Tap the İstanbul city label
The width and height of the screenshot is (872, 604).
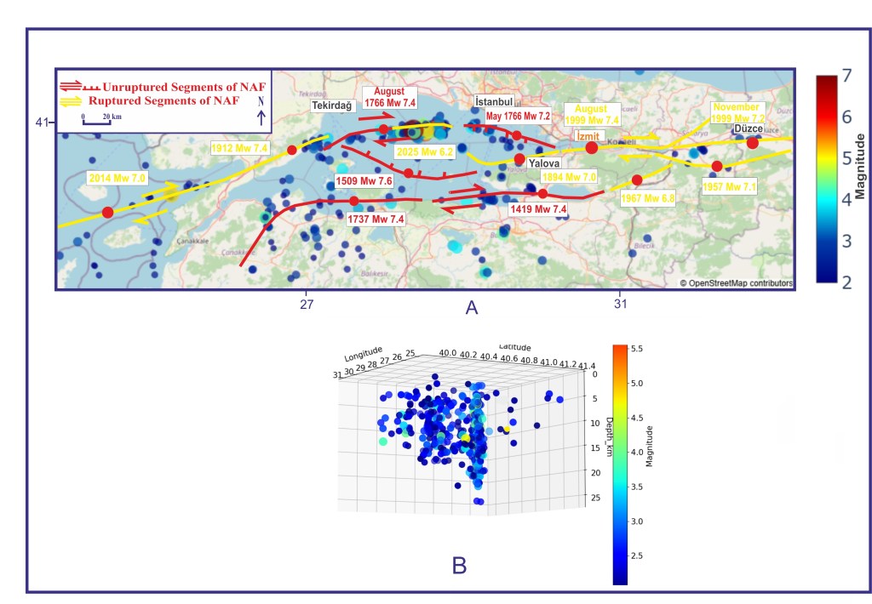pos(494,102)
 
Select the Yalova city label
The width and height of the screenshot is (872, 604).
pos(543,163)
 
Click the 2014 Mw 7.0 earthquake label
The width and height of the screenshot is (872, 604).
pos(117,179)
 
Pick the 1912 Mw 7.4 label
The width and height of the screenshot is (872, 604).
pos(239,148)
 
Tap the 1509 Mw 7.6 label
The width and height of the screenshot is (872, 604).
pos(364,181)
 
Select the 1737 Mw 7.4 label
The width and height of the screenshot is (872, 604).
pos(376,219)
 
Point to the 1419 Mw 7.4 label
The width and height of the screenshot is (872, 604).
pos(537,208)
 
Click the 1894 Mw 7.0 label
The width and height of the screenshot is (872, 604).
pos(570,176)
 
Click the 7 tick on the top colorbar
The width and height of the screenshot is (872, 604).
pos(847,76)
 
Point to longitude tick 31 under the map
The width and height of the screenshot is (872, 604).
pos(620,303)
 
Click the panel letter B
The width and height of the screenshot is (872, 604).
pos(459,565)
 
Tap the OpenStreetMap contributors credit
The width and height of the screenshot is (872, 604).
pos(736,283)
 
